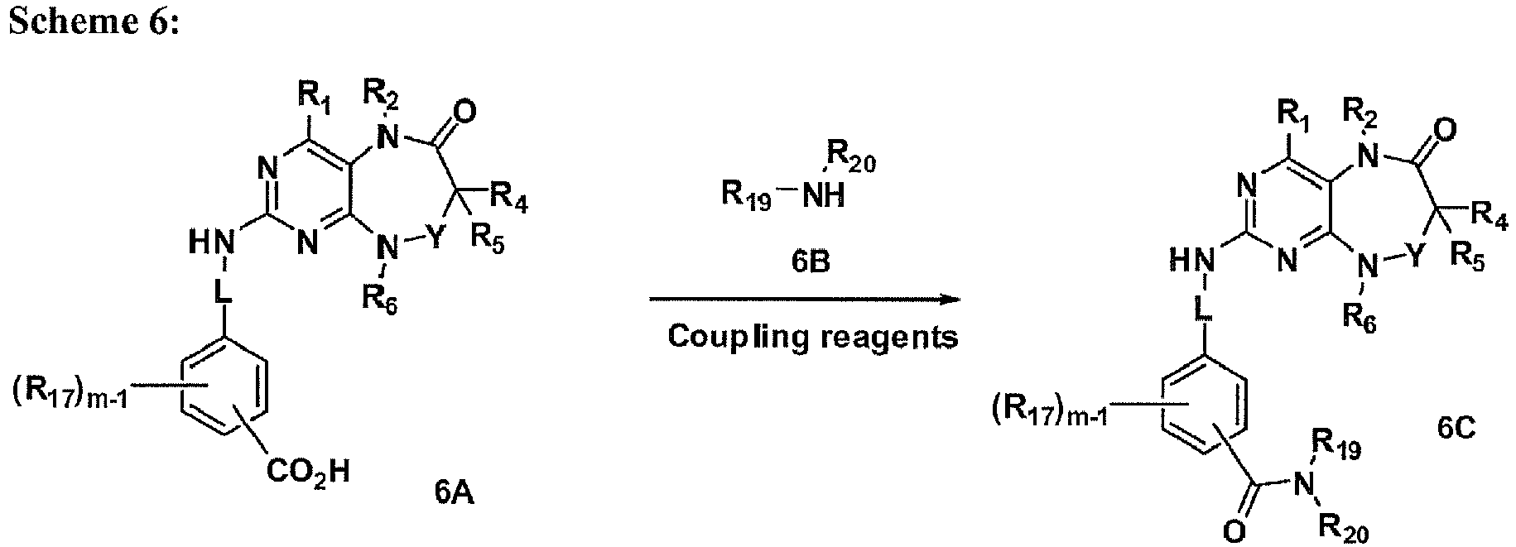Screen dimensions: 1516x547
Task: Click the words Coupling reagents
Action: click(x=813, y=337)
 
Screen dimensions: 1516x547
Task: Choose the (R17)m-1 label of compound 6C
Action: click(x=1049, y=410)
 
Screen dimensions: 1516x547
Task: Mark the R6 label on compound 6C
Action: click(x=1374, y=316)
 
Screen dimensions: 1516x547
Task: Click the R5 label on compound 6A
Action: click(x=489, y=242)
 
